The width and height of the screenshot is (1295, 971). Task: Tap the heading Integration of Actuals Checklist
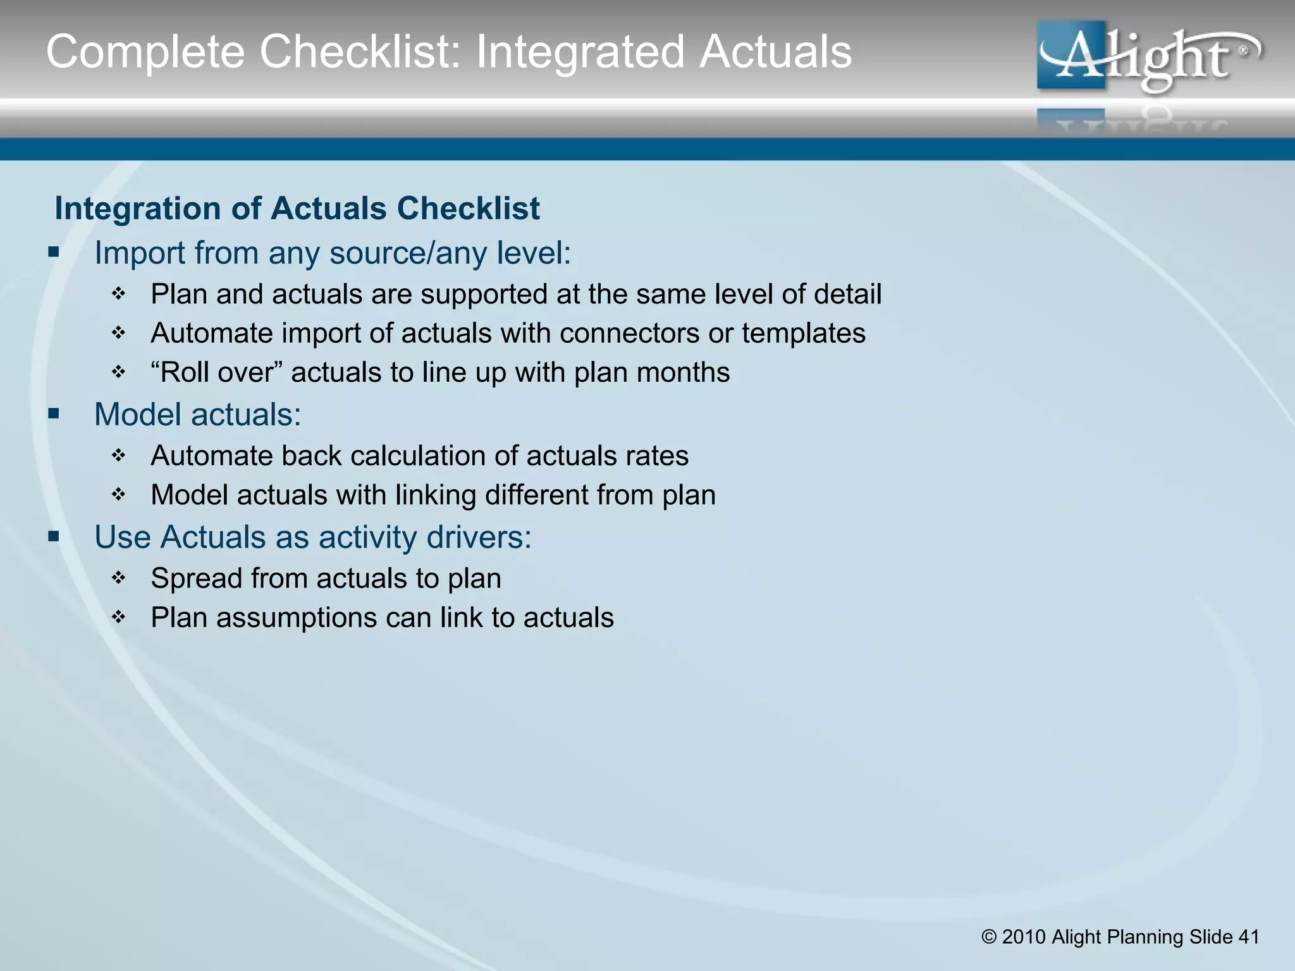(297, 209)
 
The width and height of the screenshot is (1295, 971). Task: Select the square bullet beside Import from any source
(54, 253)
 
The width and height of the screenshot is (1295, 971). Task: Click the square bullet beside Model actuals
(54, 415)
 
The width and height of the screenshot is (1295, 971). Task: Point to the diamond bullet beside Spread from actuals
(119, 578)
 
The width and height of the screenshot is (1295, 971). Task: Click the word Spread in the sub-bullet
(196, 578)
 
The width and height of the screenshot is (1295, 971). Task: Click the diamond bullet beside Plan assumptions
(119, 617)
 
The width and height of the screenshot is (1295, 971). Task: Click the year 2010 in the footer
(1024, 937)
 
